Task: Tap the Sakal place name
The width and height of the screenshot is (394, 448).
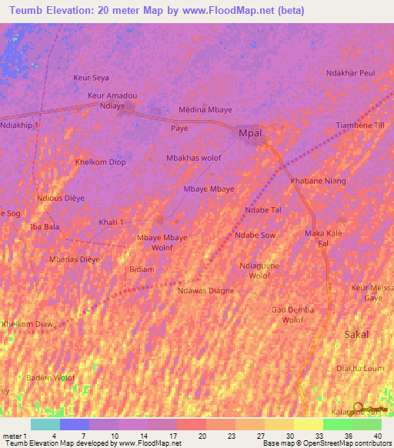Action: pos(356,334)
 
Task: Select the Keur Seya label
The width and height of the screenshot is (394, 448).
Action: pos(91,78)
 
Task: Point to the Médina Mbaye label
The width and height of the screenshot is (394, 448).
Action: pos(205,110)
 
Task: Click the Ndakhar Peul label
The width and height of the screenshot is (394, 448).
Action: pos(350,73)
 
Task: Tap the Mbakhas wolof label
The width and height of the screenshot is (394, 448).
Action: pos(194,158)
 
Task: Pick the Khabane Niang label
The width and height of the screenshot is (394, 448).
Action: pos(318,181)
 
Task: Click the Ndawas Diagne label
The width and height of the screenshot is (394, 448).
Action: pos(205,290)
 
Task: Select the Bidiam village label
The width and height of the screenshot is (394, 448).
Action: pos(142,269)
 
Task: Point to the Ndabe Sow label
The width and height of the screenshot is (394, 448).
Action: pos(255,235)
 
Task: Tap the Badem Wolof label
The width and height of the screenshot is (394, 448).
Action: pos(51,377)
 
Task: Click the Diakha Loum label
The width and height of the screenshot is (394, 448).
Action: pos(360,368)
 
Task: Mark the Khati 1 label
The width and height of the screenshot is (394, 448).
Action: pos(111,222)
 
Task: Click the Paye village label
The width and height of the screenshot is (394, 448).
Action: pos(179,129)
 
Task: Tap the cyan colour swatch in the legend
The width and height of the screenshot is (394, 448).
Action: pos(45,424)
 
